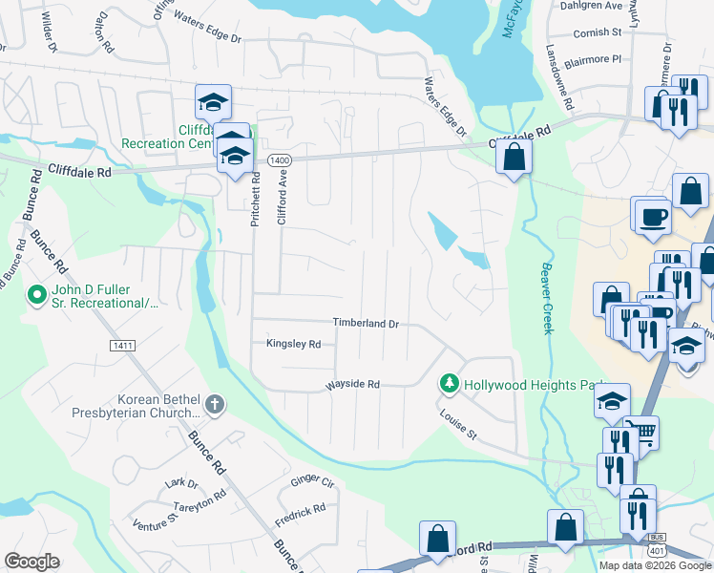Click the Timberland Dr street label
(x=366, y=324)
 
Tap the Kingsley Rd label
(x=293, y=344)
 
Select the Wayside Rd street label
(x=353, y=385)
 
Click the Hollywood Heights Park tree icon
(x=449, y=384)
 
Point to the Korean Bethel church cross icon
(x=215, y=404)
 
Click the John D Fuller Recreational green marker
(x=37, y=295)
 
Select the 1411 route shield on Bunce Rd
(x=123, y=345)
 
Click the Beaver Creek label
(x=546, y=298)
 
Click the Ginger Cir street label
(x=312, y=482)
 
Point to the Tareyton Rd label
(x=206, y=498)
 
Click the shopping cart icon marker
(x=644, y=434)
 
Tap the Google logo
(x=31, y=561)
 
